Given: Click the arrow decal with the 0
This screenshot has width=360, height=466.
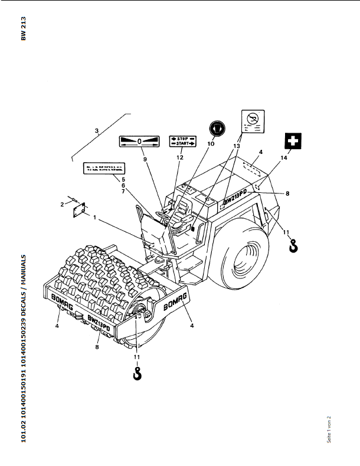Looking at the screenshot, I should pos(139,142).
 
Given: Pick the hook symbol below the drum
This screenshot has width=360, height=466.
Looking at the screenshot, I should pos(138,372).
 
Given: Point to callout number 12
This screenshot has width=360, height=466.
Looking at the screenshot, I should pos(181,157).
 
